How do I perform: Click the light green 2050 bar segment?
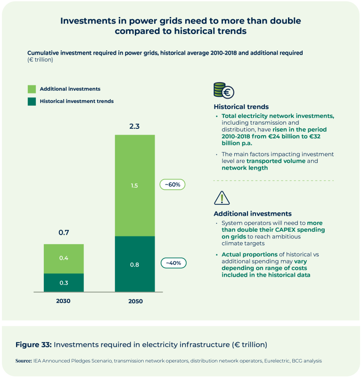(135, 185)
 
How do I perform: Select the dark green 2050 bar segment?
(135, 264)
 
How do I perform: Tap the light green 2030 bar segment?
(64, 258)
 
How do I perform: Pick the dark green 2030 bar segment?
(64, 282)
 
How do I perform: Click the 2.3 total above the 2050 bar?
(135, 127)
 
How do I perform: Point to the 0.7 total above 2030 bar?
(64, 233)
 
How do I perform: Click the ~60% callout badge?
(173, 185)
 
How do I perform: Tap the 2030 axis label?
(63, 301)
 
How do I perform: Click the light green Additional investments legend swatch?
(32, 89)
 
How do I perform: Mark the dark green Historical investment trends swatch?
(32, 101)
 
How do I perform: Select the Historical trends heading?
(241, 107)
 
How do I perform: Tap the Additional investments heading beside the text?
(253, 214)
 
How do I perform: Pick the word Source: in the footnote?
(23, 361)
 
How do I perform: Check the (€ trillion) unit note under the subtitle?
(40, 60)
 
